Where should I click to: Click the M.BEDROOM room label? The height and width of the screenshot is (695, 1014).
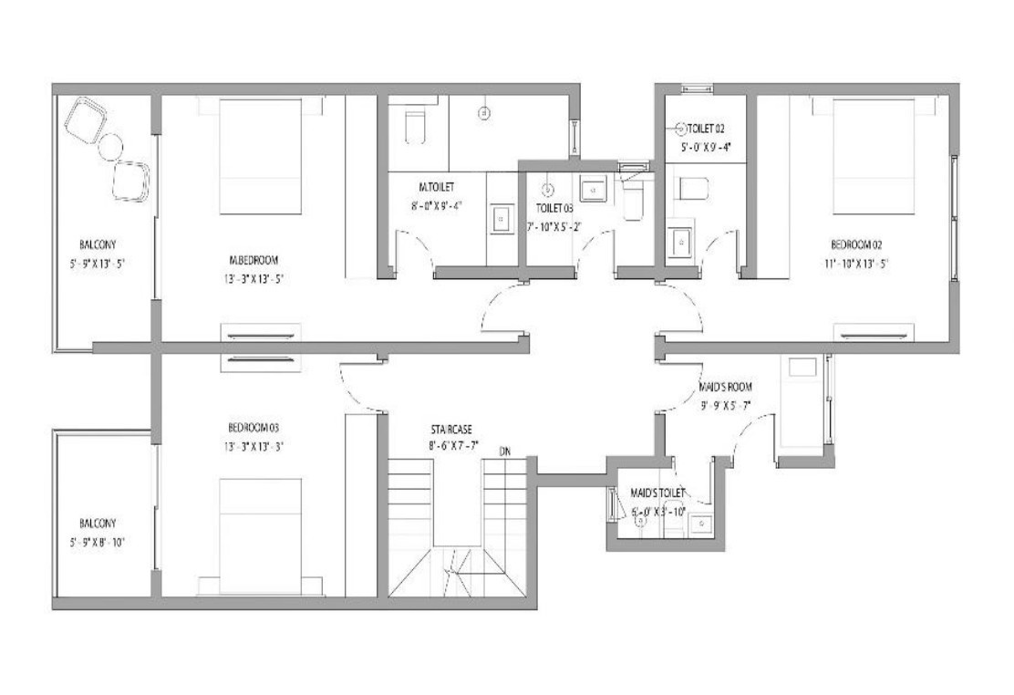pyautogui.click(x=253, y=257)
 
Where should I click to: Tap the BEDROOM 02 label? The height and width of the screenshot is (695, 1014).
pyautogui.click(x=855, y=244)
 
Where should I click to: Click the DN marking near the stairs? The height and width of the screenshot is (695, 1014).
pyautogui.click(x=504, y=451)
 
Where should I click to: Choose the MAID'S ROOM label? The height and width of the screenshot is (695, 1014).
pyautogui.click(x=726, y=387)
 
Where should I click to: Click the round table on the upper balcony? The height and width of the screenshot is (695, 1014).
pyautogui.click(x=111, y=145)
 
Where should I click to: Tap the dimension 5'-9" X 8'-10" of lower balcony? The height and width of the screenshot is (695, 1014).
pyautogui.click(x=101, y=542)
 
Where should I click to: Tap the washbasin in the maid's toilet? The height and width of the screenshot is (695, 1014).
pyautogui.click(x=701, y=524)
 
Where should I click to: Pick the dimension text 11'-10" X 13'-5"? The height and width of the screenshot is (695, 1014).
pyautogui.click(x=855, y=263)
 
